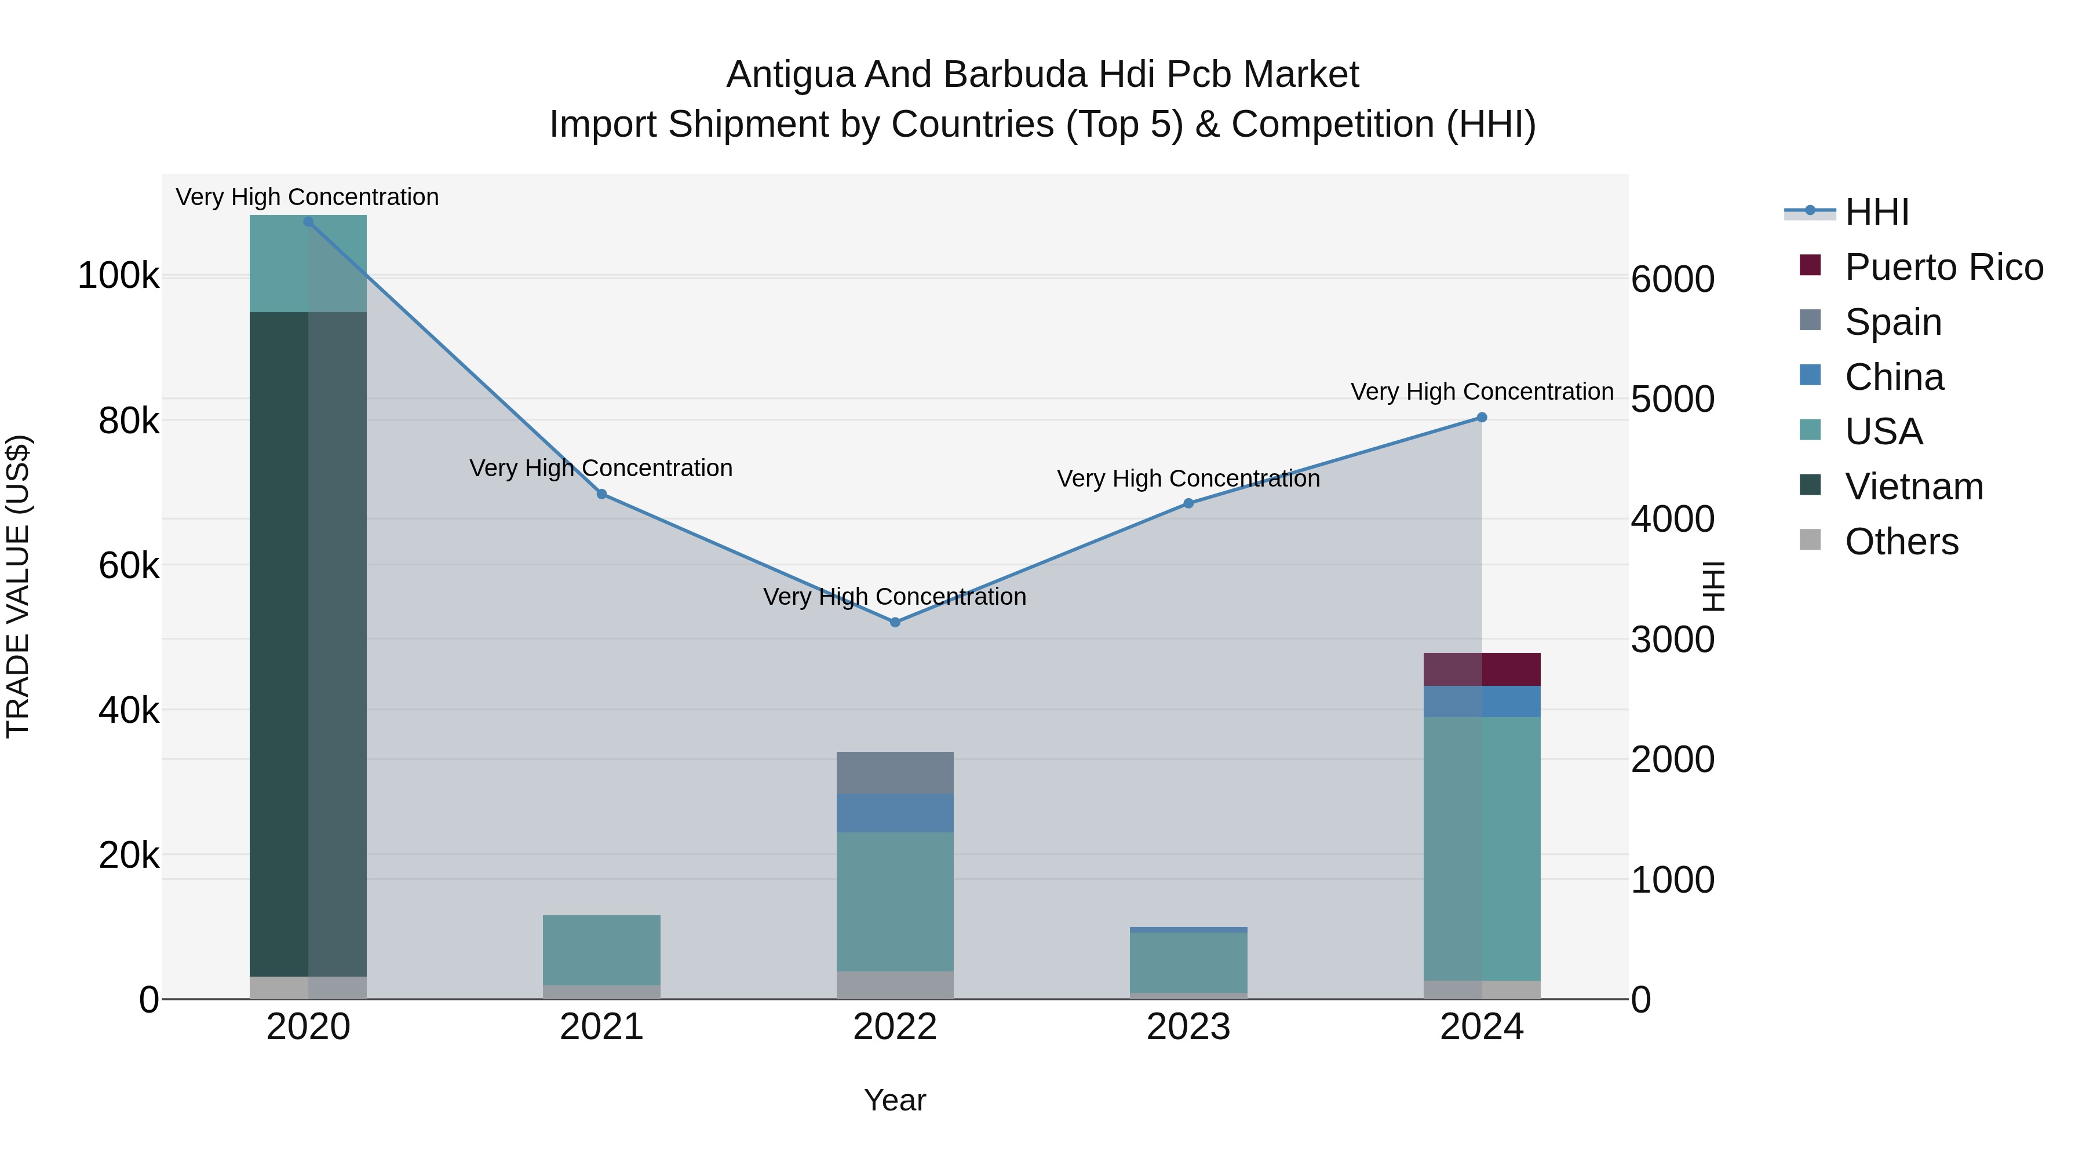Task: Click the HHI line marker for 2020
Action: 308,222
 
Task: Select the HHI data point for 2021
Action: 601,494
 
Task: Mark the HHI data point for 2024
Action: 1482,418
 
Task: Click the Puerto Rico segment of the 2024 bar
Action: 1482,670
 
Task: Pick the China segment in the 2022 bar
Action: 895,813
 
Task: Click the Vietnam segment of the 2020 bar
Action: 308,644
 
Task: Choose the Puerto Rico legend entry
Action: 1943,267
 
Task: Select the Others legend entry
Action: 1901,542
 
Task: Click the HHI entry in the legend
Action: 1876,212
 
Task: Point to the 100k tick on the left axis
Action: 118,276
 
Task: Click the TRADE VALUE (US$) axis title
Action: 18,586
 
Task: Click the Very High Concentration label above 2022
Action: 895,597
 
